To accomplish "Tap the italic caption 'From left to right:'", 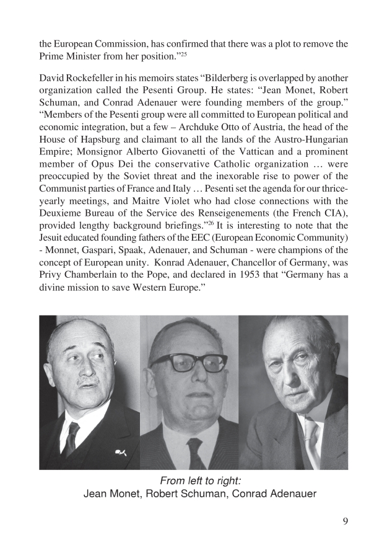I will coord(193,481).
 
